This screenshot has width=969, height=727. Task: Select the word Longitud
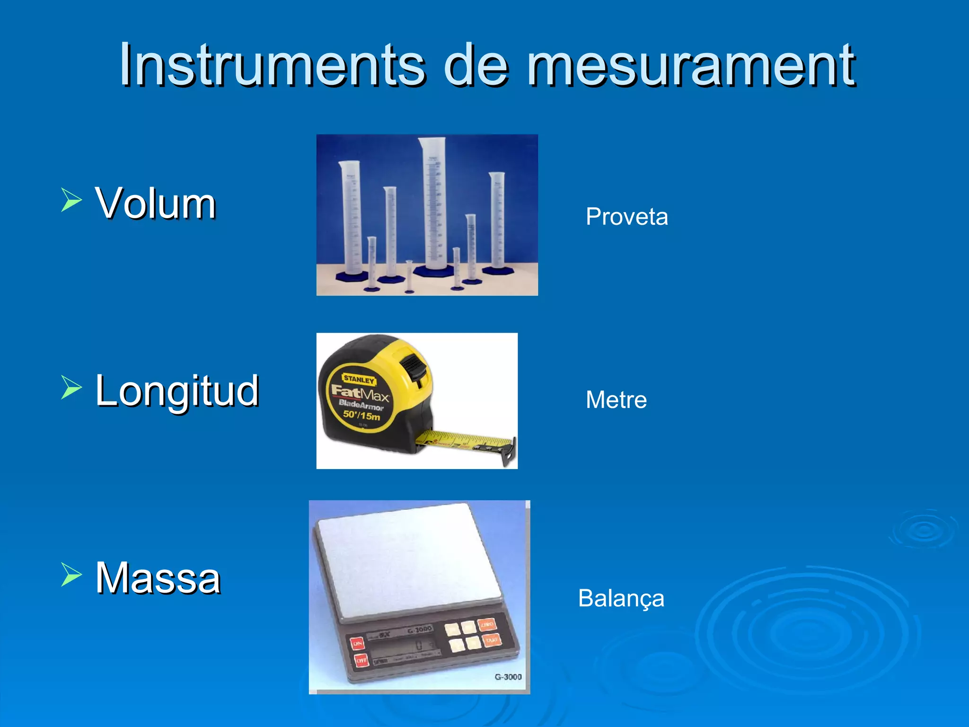point(177,391)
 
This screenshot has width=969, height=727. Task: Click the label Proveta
point(626,217)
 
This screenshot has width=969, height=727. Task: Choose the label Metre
point(616,400)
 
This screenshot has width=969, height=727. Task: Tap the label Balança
point(621,598)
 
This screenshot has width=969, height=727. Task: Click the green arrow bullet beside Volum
point(71,199)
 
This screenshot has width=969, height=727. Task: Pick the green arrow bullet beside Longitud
point(71,387)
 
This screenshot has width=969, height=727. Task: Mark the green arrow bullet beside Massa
point(71,574)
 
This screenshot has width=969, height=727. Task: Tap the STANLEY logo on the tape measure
point(359,379)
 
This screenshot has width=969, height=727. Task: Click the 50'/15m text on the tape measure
point(361,416)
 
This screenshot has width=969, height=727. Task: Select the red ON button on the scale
point(357,643)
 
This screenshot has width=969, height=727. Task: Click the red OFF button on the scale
point(361,660)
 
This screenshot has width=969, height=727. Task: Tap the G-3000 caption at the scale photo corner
point(508,677)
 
